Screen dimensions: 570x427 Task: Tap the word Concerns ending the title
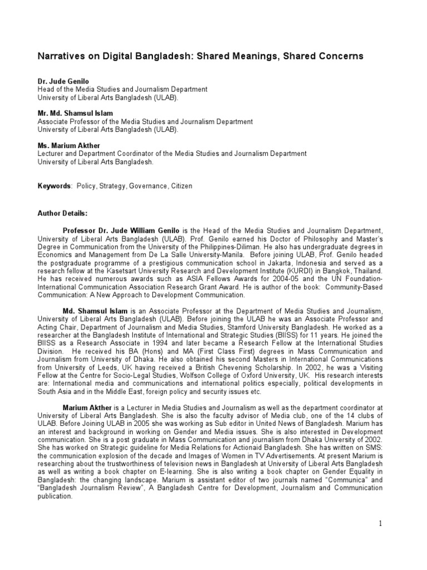pyautogui.click(x=339, y=56)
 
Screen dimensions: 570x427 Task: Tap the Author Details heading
pyautogui.click(x=62, y=213)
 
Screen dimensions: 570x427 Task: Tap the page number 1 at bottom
pyautogui.click(x=381, y=524)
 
